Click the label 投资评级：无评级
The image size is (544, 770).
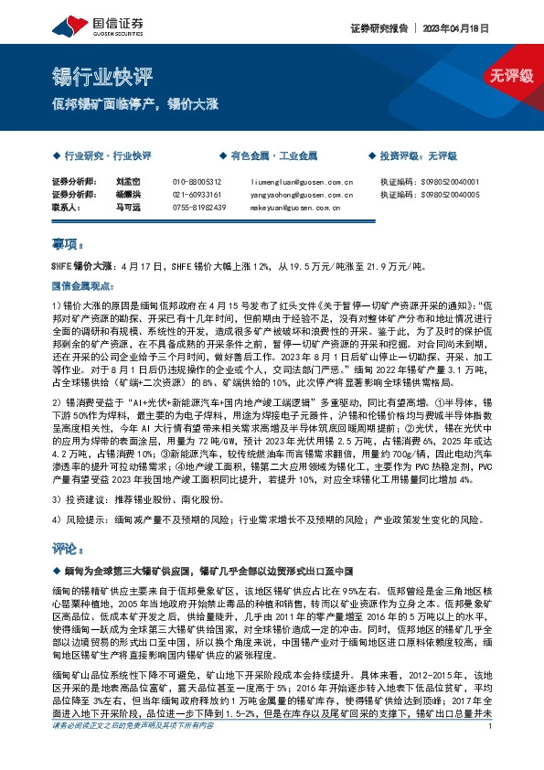421,156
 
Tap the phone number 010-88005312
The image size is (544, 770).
198,182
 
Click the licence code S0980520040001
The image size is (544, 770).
443,182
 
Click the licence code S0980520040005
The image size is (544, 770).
443,195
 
